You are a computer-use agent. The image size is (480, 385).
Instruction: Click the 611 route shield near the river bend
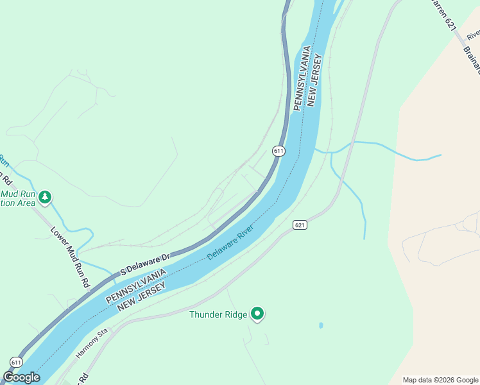pyautogui.click(x=278, y=151)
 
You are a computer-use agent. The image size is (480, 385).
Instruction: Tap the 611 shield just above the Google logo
pyautogui.click(x=16, y=362)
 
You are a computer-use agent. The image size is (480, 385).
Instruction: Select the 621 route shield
pyautogui.click(x=300, y=225)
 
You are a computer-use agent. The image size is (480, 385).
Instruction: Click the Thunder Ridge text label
pyautogui.click(x=218, y=314)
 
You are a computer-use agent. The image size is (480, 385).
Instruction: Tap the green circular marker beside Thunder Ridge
pyautogui.click(x=257, y=314)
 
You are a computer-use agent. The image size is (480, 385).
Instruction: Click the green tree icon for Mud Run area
pyautogui.click(x=45, y=197)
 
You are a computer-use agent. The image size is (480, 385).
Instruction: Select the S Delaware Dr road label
pyautogui.click(x=145, y=262)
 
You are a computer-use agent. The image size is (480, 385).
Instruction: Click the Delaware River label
pyautogui.click(x=230, y=242)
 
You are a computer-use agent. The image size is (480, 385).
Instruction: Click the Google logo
pyautogui.click(x=21, y=377)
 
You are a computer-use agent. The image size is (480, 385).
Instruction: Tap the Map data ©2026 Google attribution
pyautogui.click(x=440, y=380)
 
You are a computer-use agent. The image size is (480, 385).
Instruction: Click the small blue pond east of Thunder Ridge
pyautogui.click(x=321, y=325)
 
